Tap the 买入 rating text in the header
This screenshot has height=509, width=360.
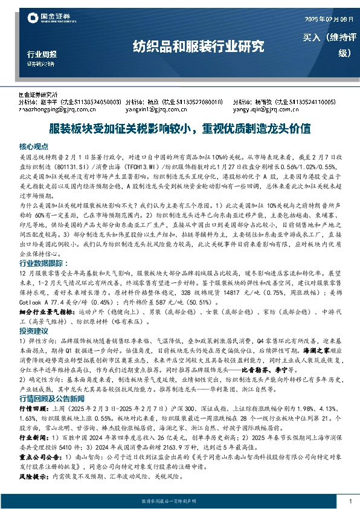(x=313, y=38)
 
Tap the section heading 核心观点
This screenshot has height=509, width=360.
(x=33, y=146)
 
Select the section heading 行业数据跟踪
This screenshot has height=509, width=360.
(x=41, y=263)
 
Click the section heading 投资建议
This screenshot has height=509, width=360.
(x=33, y=331)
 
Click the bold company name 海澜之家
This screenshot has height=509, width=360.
(x=318, y=358)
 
